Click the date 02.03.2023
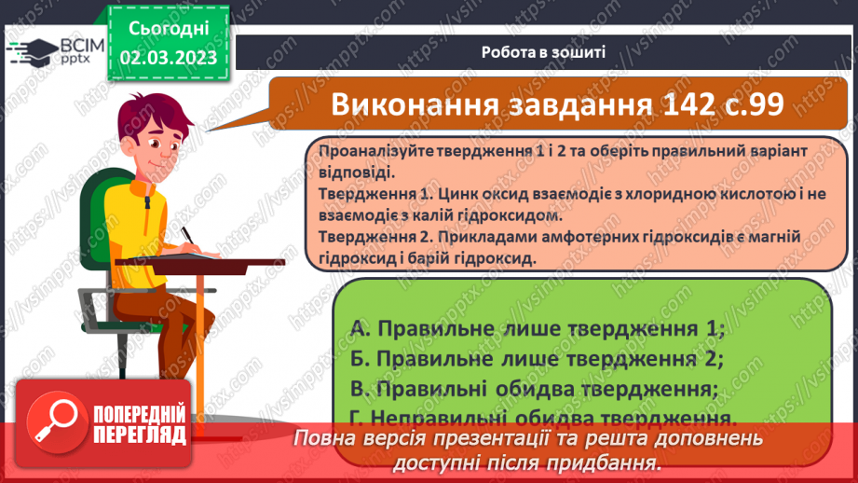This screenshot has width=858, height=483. [169, 58]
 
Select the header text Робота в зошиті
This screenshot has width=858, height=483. [544, 52]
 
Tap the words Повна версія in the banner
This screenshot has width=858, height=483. [349, 438]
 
